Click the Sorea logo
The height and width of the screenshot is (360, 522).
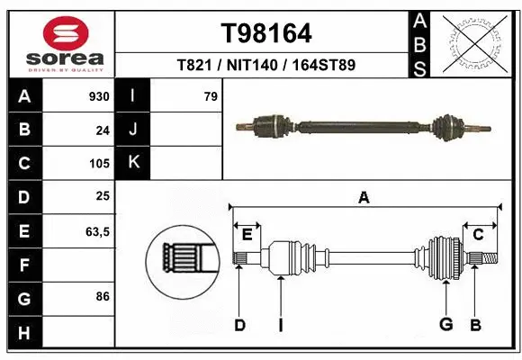pos(59,43)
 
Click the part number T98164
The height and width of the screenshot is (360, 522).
pos(266,33)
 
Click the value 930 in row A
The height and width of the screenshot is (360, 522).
pos(99,96)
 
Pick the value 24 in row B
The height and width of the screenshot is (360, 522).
pos(103,130)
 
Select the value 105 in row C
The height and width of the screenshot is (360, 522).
pos(99,164)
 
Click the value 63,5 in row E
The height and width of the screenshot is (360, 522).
pos(97,231)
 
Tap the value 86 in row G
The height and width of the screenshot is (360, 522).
pos(103,295)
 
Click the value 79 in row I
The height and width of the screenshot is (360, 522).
pos(211,96)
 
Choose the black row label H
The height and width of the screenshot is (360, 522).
pos(24,334)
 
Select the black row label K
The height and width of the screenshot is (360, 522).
pos(133,163)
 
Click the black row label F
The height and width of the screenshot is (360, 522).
pos(24,265)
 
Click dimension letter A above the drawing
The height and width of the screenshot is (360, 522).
pos(364,198)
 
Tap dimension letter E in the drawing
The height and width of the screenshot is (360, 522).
pos(247,235)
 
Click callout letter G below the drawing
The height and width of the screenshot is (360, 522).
pos(445,325)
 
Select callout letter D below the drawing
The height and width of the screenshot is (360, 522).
pos(239,325)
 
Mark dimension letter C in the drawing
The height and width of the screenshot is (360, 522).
pos(479,235)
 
